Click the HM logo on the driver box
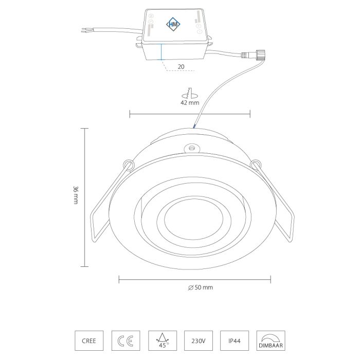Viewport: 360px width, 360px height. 173,24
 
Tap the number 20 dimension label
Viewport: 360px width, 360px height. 181,67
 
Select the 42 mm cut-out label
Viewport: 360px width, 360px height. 190,103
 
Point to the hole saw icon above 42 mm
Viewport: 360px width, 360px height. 190,94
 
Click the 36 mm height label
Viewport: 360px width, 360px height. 76,195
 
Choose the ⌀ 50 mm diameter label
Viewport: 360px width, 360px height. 201,287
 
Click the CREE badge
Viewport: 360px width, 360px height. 89,340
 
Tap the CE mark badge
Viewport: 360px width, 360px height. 125,340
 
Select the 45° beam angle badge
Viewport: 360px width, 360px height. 163,340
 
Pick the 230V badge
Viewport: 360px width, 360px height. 199,340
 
